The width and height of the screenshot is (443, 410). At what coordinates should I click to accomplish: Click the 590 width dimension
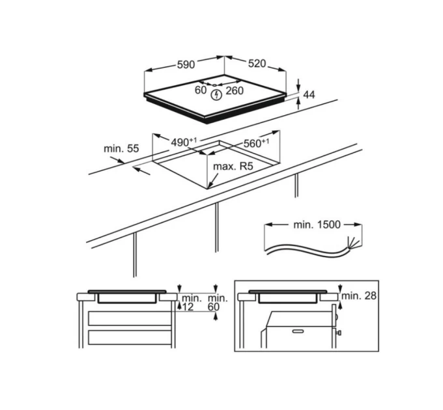[186, 64]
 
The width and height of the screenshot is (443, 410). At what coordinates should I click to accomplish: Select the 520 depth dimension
[257, 64]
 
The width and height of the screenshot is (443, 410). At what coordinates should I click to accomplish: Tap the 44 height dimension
[309, 95]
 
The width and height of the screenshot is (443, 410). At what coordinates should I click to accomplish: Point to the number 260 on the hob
[235, 90]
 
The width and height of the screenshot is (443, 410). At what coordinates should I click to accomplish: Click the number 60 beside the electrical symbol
[201, 90]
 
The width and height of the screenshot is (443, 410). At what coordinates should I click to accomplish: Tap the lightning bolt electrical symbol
[217, 95]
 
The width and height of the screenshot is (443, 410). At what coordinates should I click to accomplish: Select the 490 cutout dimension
[184, 142]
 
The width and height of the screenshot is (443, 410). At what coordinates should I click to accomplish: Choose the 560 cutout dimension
[256, 143]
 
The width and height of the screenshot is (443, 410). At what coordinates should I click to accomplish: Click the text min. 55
[121, 148]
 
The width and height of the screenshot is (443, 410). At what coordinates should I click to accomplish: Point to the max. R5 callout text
[233, 166]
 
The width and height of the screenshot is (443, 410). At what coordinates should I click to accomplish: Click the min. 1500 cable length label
[317, 225]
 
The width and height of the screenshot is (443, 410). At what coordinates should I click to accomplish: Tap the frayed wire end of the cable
[353, 242]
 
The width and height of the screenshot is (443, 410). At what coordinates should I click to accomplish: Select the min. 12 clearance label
[190, 302]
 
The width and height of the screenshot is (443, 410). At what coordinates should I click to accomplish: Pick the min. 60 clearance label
[218, 302]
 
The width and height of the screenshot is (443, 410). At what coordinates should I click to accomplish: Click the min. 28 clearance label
[359, 295]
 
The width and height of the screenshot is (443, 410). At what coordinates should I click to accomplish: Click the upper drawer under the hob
[130, 318]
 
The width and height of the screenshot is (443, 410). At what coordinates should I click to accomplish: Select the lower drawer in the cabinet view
[130, 338]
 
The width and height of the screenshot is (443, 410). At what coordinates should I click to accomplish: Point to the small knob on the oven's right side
[339, 333]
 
